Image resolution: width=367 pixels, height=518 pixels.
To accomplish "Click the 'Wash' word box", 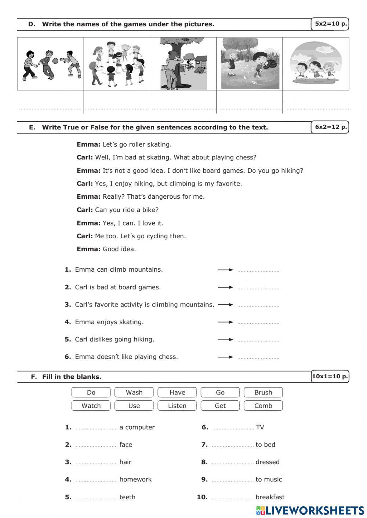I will (x=134, y=392).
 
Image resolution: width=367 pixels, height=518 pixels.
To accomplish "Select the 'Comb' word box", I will (x=263, y=406).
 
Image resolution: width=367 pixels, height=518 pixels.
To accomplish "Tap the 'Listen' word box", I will (x=177, y=406).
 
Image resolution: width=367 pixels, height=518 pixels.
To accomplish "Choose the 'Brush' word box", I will (x=263, y=392).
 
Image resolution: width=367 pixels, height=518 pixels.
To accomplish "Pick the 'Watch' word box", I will (x=91, y=406).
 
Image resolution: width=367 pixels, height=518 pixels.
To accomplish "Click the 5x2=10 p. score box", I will (x=330, y=24).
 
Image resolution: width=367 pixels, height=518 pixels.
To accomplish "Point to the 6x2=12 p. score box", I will (x=330, y=127).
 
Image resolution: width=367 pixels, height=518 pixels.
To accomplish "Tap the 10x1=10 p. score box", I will (x=330, y=376).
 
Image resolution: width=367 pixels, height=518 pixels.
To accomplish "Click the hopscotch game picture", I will (x=250, y=64).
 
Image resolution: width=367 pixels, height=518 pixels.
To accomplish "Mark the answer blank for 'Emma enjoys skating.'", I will (x=258, y=323).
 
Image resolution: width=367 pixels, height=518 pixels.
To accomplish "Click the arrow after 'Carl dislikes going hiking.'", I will (x=225, y=339).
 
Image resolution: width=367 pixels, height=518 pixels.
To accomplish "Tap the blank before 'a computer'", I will (x=96, y=428).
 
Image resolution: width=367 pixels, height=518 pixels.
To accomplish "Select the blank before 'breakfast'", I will (x=232, y=498).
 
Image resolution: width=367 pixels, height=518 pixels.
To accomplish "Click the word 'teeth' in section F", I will (x=127, y=497).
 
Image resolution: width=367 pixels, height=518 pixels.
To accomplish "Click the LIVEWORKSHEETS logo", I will (x=310, y=510).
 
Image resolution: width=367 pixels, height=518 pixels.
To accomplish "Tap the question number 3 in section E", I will (x=68, y=305).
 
